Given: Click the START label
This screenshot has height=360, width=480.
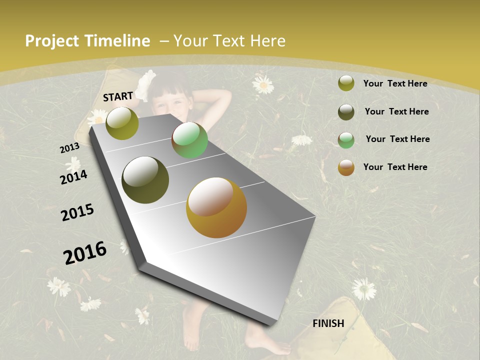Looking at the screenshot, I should point(118,96).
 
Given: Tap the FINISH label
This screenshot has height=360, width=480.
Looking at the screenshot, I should point(328,323).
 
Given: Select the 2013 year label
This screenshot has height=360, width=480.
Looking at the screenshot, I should point(69,148).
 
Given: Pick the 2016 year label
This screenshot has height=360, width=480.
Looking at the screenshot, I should point(85,252).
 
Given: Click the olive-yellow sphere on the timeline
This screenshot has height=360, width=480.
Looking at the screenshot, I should point(122,123).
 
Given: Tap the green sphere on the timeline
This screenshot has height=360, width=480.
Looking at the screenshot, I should point(189,140).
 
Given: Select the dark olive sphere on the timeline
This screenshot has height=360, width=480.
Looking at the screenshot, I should point(145,180).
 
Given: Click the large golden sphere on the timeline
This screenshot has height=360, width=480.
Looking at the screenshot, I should point(216,207).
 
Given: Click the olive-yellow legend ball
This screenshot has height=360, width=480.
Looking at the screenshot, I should point(346,83).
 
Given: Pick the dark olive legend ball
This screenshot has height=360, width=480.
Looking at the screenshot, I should point(346,112).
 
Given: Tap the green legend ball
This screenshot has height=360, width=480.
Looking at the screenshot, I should point(346,139).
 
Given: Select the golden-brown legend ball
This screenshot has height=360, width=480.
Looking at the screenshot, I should point(346,167).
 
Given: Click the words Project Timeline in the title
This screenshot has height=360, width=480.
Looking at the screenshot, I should point(87,41).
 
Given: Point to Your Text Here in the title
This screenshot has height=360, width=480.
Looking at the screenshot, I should point(229,41).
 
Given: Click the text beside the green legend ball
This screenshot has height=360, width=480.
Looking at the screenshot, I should point(397,139).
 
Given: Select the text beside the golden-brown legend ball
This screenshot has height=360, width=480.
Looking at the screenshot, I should point(395,167).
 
